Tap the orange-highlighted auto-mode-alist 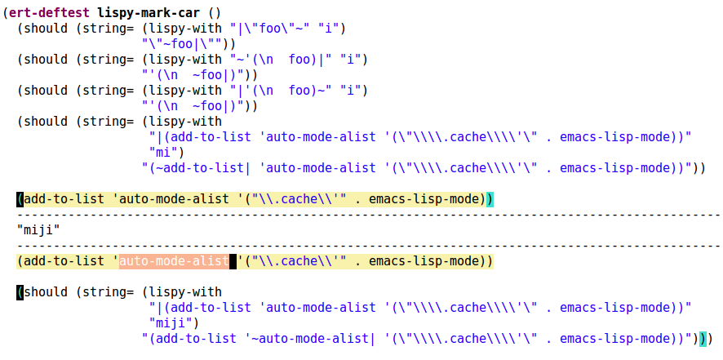coord(174,261)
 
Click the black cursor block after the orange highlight coord(233,261)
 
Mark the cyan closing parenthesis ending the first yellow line coord(490,199)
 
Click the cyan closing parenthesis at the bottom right coord(703,338)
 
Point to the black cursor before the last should coord(20,292)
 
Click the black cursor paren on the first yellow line coord(20,199)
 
